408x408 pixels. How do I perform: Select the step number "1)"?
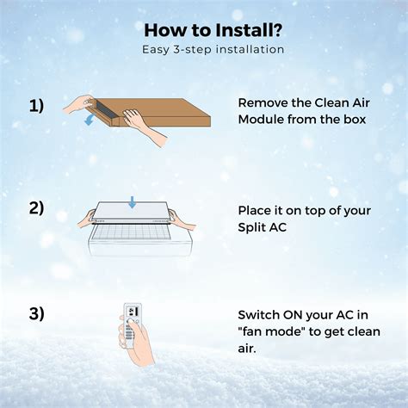(36, 106)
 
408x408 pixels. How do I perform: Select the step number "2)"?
(36, 209)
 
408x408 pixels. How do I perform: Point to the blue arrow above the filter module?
(131, 202)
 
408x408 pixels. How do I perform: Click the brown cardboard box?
(172, 113)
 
